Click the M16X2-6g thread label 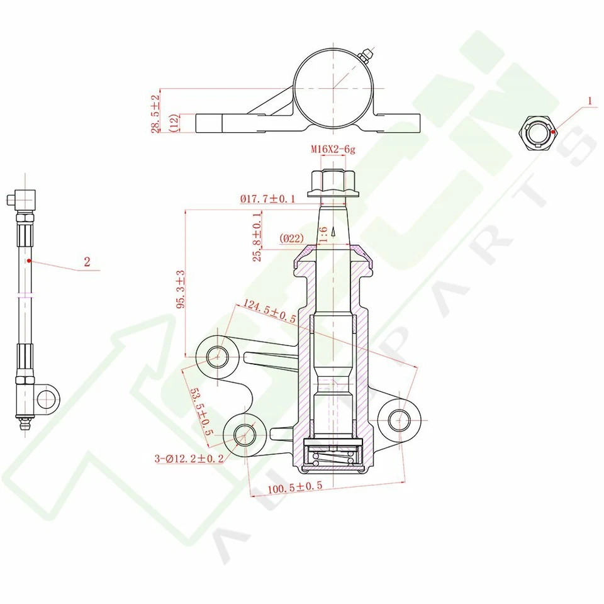point(333,149)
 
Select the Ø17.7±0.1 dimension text point(268,199)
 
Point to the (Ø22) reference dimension point(291,238)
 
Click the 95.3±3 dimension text point(181,289)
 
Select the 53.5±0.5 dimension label point(201,411)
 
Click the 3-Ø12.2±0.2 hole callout point(189,459)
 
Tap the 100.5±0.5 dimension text point(295,488)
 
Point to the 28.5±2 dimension point(155,114)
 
